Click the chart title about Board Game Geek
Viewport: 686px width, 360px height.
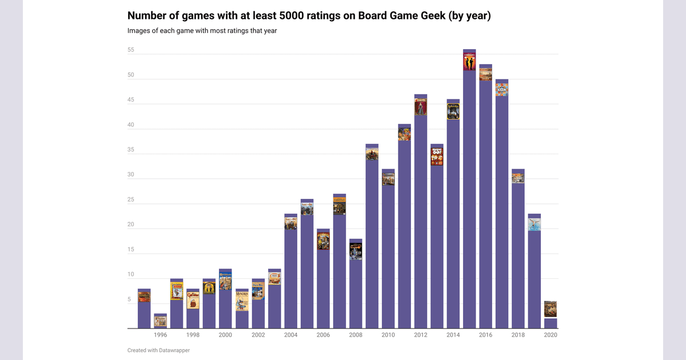point(309,16)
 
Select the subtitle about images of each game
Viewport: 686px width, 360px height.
point(202,31)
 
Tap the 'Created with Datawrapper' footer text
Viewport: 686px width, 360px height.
point(158,350)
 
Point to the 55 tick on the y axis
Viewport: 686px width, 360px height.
point(130,50)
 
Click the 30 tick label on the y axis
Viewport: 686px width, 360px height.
point(130,175)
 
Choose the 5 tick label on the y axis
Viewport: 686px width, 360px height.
point(129,299)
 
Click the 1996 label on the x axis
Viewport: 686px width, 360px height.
point(161,335)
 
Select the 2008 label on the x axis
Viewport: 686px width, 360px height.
point(356,335)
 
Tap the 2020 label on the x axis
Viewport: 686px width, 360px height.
point(551,335)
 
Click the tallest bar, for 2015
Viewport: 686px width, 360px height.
point(469,200)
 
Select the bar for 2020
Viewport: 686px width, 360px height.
point(551,323)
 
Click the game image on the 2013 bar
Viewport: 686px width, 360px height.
point(437,157)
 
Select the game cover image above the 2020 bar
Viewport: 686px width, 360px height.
point(551,309)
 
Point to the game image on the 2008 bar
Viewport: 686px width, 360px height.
point(356,251)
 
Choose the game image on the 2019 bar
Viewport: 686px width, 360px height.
point(535,223)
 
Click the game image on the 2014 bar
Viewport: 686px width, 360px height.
point(453,111)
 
